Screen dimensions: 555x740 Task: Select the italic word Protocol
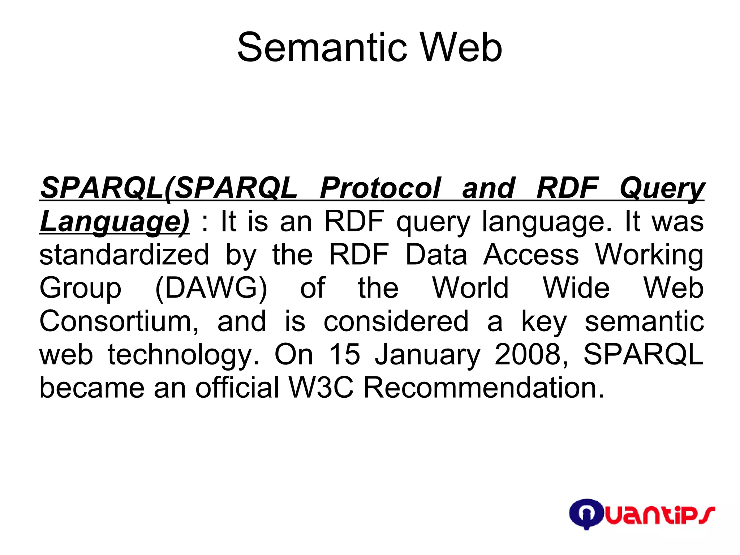tap(380, 188)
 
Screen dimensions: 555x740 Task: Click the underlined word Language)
tap(115, 221)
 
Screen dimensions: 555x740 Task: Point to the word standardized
tap(124, 255)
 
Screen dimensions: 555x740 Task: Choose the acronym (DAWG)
tap(211, 288)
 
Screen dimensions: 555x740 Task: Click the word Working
tap(649, 255)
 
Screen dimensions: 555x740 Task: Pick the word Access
tap(531, 255)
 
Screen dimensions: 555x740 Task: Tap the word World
tap(470, 288)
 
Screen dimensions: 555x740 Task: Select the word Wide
tap(576, 288)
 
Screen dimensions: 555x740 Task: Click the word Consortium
tap(119, 321)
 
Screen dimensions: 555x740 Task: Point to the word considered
tap(396, 321)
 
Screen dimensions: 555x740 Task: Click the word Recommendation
tap(483, 388)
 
